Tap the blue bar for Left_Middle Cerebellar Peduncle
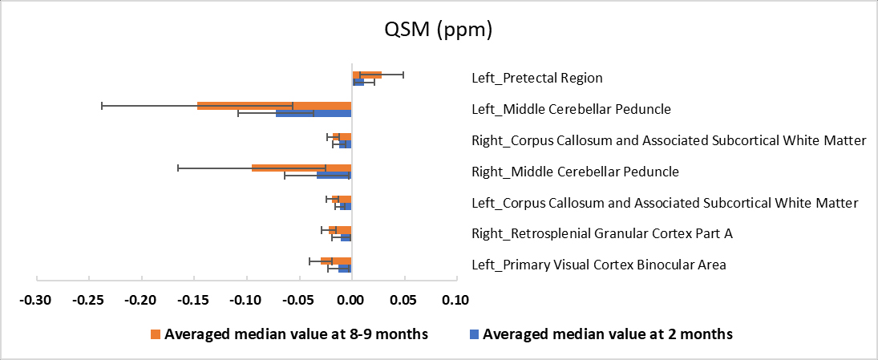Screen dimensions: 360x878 (x=314, y=114)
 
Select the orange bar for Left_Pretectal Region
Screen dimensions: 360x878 (x=366, y=75)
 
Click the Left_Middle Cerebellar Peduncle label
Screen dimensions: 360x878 (x=571, y=109)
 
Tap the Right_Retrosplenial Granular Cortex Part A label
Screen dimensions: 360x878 (x=601, y=234)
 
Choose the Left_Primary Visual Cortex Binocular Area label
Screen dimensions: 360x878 (x=598, y=265)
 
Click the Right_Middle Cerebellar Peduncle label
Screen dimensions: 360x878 (x=575, y=172)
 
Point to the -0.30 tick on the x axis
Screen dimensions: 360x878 (x=37, y=301)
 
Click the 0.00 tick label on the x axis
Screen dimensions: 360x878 (x=351, y=301)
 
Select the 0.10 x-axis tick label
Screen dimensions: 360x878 (x=455, y=301)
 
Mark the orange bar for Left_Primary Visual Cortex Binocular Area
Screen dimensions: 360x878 (x=336, y=261)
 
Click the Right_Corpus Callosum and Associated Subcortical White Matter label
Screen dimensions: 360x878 (x=669, y=140)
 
